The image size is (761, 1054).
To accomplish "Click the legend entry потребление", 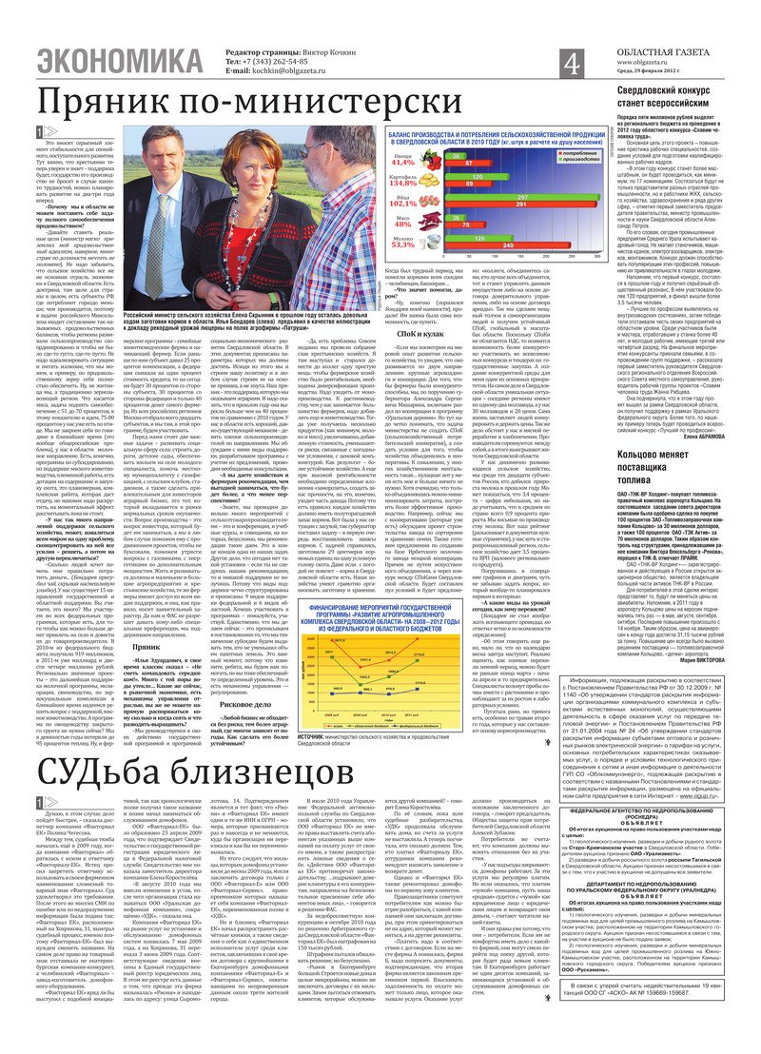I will (x=553, y=152).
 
